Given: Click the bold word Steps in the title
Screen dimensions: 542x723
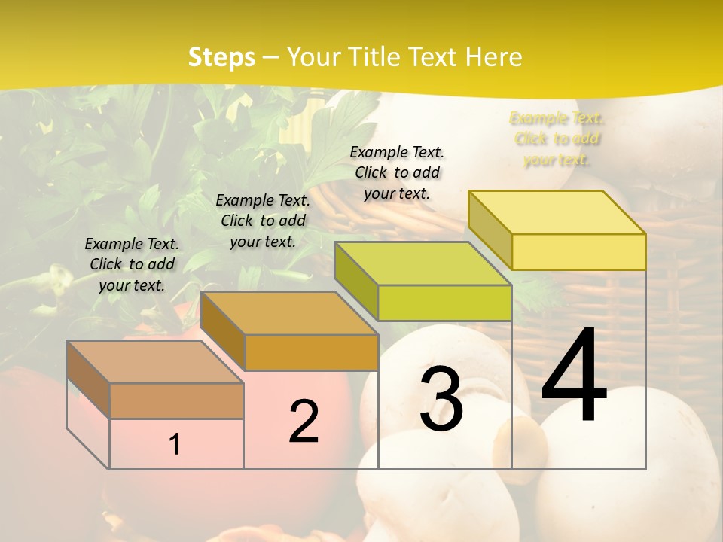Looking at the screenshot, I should point(221,57).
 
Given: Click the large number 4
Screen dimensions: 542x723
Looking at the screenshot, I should point(574,376).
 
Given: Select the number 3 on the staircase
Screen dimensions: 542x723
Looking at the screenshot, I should point(441,399).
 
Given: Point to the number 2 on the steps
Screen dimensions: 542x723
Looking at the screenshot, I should point(304,422).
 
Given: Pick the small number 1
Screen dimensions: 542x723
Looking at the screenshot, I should point(174,445).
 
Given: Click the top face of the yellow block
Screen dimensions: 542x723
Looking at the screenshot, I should point(557,212).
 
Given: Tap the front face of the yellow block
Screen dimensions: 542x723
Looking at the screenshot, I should point(578,251).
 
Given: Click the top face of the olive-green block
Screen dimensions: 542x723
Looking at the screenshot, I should point(423,263).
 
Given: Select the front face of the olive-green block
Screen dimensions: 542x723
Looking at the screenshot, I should point(444,303).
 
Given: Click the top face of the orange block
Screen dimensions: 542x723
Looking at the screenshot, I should point(289,312).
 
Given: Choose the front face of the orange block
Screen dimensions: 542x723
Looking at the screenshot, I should point(311,352).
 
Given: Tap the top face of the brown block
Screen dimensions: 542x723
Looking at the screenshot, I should point(155,361).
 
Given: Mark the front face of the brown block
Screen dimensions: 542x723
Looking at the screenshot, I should point(176,400).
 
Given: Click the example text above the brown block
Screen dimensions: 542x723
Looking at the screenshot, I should point(132,264).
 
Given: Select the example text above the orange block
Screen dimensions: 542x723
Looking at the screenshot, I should point(263,221).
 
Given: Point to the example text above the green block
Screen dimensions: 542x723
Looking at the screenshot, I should point(397,172).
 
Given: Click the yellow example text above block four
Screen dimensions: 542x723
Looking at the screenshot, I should point(557,139).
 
